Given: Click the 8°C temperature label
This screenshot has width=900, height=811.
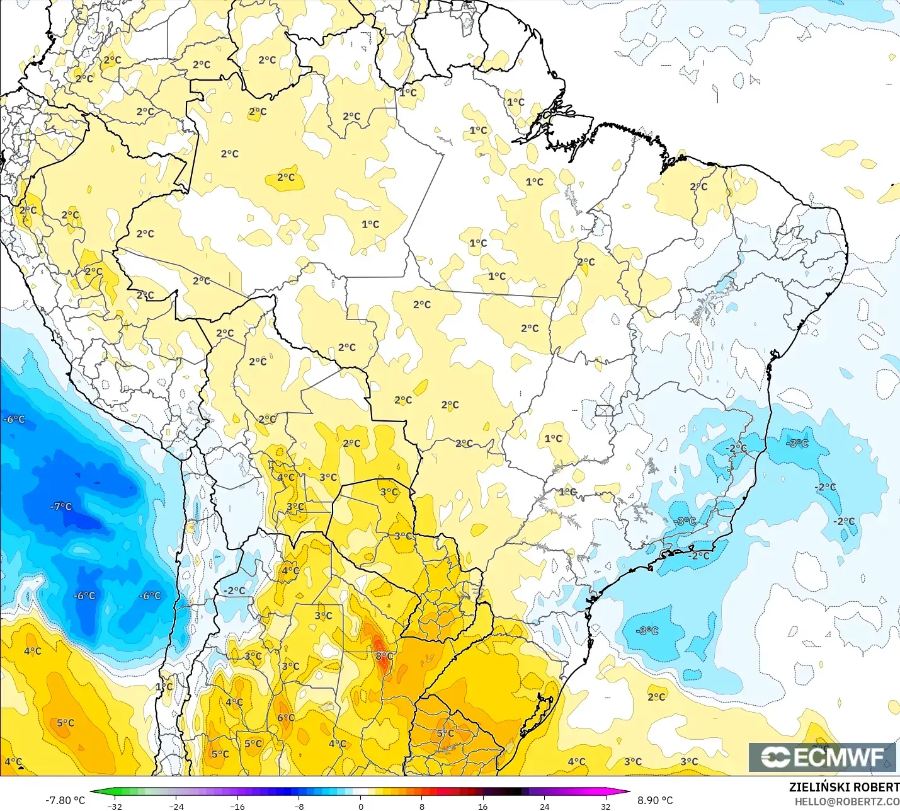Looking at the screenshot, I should [x=384, y=656].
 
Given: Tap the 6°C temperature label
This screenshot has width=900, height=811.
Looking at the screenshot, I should [x=286, y=717].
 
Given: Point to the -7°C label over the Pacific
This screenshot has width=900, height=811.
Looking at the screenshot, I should [x=61, y=507].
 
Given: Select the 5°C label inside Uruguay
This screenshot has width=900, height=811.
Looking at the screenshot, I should [x=445, y=733].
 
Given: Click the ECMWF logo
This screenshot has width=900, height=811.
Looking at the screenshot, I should [x=822, y=757].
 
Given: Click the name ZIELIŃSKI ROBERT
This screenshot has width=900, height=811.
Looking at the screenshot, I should [x=844, y=787].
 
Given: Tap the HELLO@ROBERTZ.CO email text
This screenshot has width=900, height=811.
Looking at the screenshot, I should [x=846, y=802].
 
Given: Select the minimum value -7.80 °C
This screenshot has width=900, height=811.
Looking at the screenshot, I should [x=65, y=800].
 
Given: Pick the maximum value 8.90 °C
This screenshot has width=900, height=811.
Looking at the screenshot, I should [x=655, y=800].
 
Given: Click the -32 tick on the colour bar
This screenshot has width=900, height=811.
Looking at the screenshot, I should [x=114, y=806].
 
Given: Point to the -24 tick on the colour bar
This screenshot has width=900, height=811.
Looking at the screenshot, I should [x=176, y=806].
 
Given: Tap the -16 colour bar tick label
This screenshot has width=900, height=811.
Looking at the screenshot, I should [x=237, y=806].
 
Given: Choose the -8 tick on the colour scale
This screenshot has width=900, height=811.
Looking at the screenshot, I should [x=299, y=806].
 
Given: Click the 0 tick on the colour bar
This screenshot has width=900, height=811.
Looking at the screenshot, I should [x=360, y=806].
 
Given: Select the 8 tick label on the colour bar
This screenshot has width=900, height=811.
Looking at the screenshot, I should [x=421, y=806].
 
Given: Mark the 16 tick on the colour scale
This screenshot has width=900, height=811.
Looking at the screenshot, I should [x=482, y=806].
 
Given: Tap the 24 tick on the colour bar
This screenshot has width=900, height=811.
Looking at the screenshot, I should [x=544, y=806].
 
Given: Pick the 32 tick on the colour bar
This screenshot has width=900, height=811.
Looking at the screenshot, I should [x=605, y=806].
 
